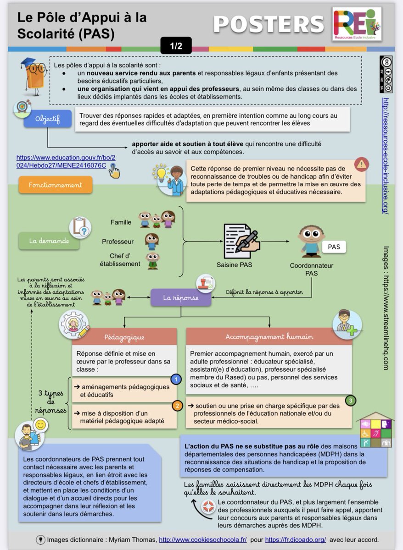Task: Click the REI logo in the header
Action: point(357,24)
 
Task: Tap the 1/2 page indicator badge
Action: point(176,46)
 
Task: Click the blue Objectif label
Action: point(48,119)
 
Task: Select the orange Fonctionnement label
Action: point(56,185)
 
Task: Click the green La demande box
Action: point(49,241)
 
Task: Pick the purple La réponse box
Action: point(181,298)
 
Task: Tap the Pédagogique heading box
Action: point(124,337)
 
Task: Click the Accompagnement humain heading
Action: point(269,337)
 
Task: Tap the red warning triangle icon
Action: point(362,164)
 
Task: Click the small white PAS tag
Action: point(334,247)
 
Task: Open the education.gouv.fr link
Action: point(66,161)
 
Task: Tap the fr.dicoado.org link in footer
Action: point(295,539)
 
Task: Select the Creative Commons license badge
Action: point(386,75)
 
